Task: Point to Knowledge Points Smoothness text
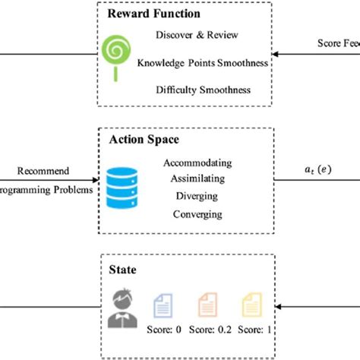click(x=203, y=63)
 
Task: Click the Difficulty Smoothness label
click(x=203, y=90)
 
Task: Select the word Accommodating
click(x=197, y=163)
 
